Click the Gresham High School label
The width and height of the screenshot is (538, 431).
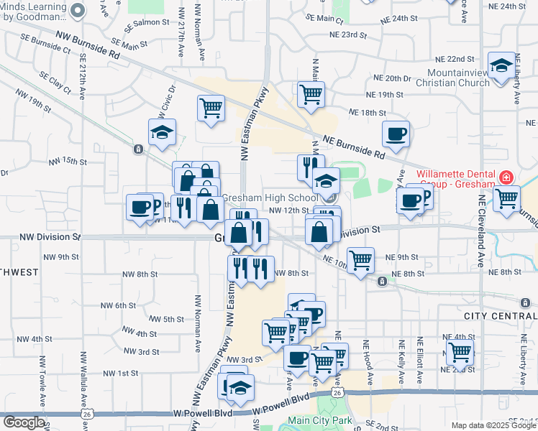(x=270, y=198)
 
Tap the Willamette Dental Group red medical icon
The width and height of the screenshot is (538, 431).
(x=506, y=177)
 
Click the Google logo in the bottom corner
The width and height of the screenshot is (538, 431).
(x=24, y=422)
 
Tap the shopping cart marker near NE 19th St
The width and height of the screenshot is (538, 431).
(x=311, y=93)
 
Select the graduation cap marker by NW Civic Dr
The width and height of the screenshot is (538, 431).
(x=163, y=132)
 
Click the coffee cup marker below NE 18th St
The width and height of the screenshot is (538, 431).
(x=396, y=133)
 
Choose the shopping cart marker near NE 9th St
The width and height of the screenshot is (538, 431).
(x=360, y=259)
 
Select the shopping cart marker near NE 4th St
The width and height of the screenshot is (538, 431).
(x=460, y=352)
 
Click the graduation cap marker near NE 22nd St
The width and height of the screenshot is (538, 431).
(x=501, y=65)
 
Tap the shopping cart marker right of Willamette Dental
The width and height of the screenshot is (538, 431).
(x=507, y=198)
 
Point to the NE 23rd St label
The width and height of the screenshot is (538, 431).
(x=348, y=34)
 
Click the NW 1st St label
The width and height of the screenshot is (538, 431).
(x=120, y=374)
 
